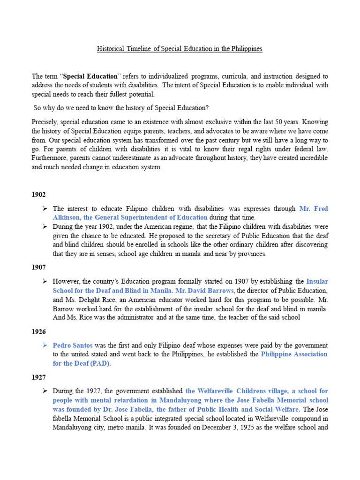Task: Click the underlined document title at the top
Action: click(180, 49)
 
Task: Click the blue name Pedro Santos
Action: click(72, 345)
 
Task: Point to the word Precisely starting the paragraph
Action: click(45, 121)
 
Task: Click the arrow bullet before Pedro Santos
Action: click(45, 345)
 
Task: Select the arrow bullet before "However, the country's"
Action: click(45, 281)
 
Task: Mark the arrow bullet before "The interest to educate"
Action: click(45, 208)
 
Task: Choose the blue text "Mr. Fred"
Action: click(314, 208)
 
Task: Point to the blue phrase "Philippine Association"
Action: click(294, 354)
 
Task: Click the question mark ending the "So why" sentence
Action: click(207, 108)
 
